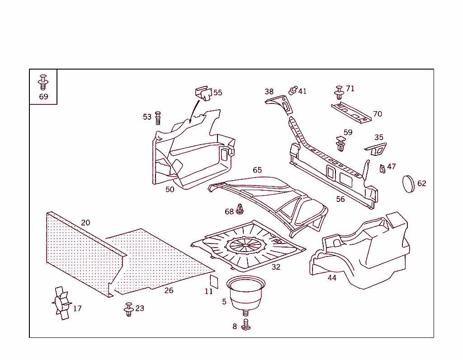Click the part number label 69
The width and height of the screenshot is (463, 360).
43,97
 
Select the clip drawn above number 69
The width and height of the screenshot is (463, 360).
43,82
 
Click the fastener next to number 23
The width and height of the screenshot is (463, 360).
129,309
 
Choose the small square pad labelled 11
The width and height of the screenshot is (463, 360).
214,281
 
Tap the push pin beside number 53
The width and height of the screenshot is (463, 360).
158,118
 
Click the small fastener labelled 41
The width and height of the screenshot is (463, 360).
293,90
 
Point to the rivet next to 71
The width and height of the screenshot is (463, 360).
339,92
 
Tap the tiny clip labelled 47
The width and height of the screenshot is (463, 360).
382,169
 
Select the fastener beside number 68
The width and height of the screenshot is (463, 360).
240,210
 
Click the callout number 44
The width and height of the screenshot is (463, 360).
332,278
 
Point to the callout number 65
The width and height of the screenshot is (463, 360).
257,170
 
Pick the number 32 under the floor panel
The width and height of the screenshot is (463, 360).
276,267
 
